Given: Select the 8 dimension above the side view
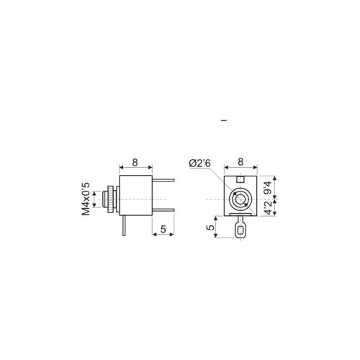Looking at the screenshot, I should pyautogui.click(x=135, y=162).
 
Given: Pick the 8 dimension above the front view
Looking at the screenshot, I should pyautogui.click(x=240, y=162).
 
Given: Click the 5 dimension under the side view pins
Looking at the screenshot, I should pyautogui.click(x=164, y=229).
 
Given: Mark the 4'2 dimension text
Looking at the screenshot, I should pyautogui.click(x=269, y=208).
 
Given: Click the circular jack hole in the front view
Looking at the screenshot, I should pyautogui.click(x=240, y=199).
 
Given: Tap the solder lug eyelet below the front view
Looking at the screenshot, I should pyautogui.click(x=240, y=230).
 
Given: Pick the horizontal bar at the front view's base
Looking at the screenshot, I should pyautogui.click(x=240, y=213).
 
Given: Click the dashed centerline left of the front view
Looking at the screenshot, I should pyautogui.click(x=214, y=199).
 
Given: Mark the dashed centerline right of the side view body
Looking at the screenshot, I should pyautogui.click(x=161, y=199).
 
